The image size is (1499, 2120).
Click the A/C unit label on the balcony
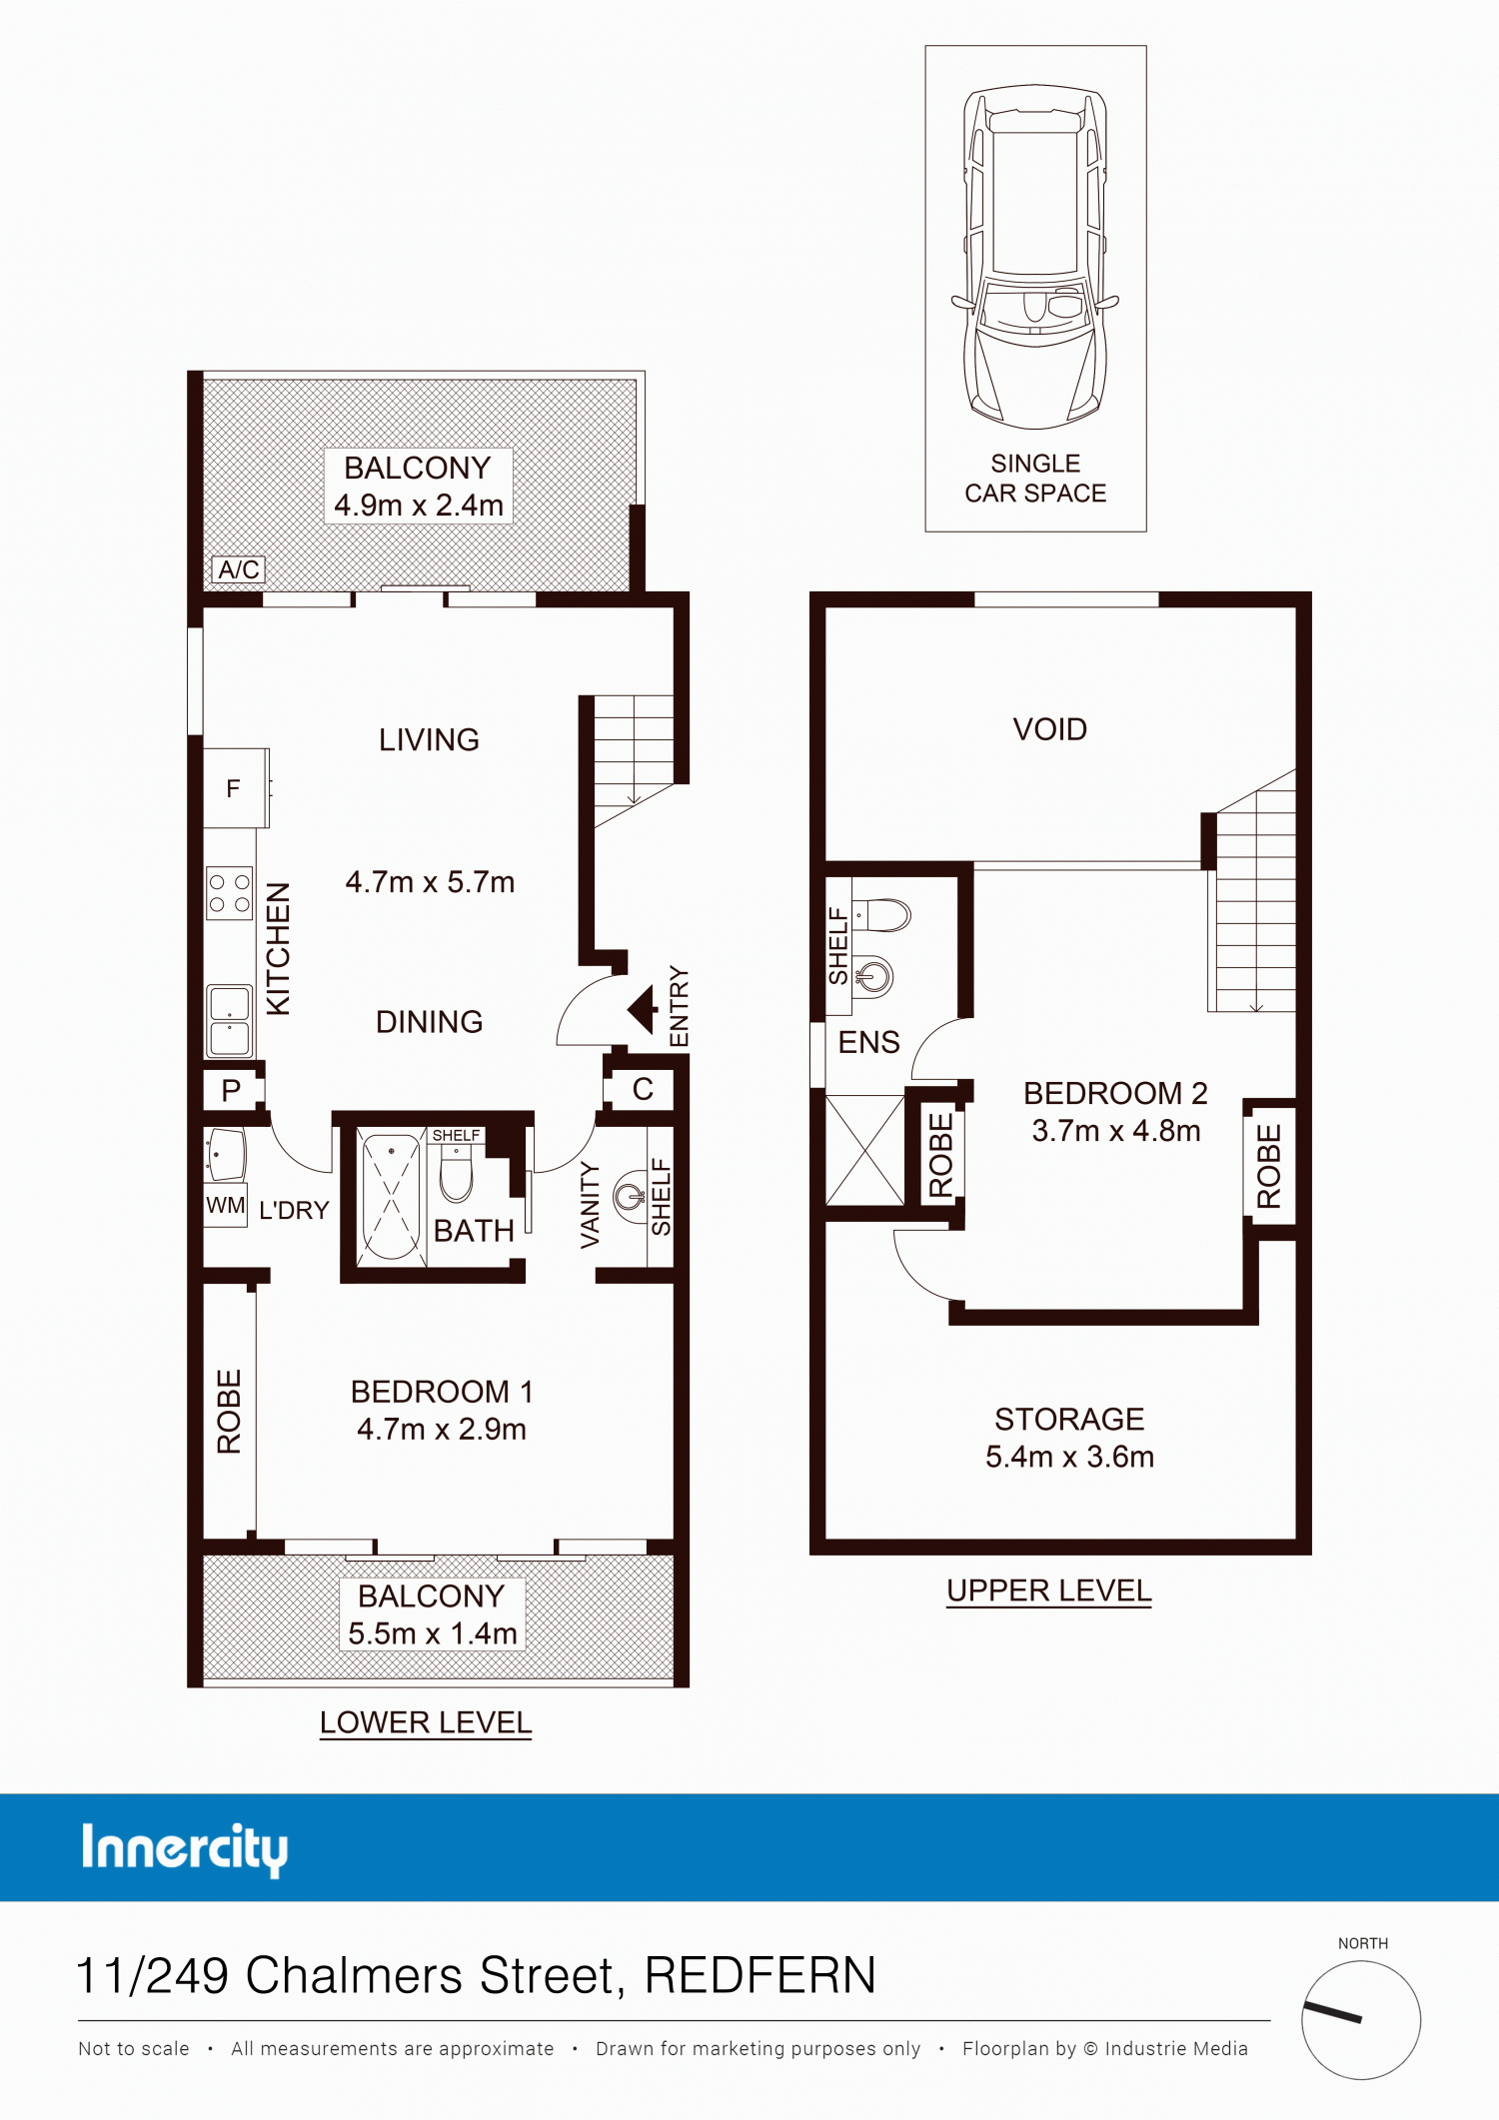[x=239, y=569]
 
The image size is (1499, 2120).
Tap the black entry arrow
[x=643, y=1009]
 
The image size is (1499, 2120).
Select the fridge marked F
[x=236, y=788]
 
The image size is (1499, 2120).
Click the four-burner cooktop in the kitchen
[x=229, y=893]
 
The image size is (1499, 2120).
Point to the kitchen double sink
[x=229, y=1021]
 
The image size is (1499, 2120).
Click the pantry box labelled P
[x=232, y=1090]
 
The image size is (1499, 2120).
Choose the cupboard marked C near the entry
[x=643, y=1089]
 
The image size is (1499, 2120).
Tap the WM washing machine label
[x=226, y=1205]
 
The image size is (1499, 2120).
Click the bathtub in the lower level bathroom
[x=391, y=1197]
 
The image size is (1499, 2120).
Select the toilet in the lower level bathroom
[x=456, y=1172]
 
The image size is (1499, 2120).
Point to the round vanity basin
[x=630, y=1196]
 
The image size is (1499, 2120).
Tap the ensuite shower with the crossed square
[x=864, y=1150]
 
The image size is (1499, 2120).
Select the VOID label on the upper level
[x=1049, y=729]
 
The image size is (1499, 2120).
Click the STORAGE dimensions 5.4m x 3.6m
[x=1069, y=1457]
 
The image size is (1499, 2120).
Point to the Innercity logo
[x=185, y=1849]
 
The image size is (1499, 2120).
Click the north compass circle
[x=1361, y=2020]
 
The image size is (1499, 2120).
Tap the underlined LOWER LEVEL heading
[x=426, y=1722]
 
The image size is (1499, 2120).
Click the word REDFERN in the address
[x=760, y=1975]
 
